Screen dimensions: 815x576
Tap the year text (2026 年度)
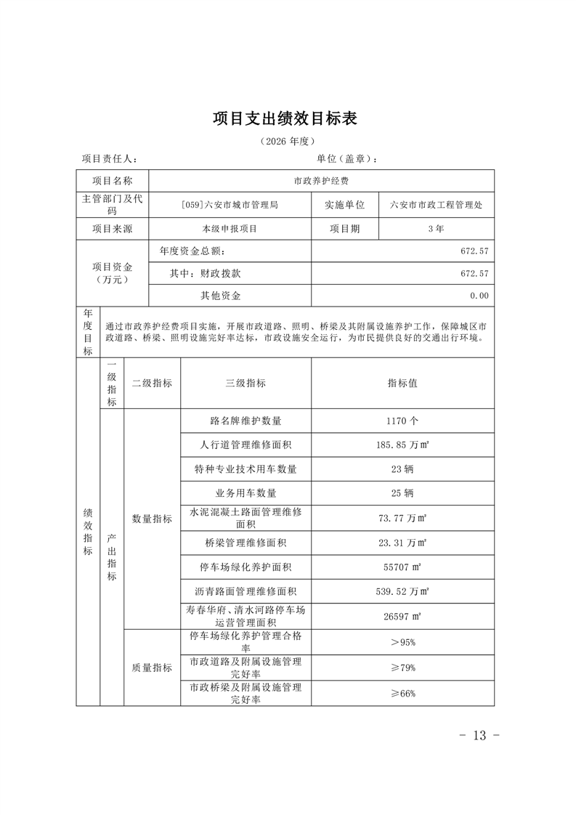point(288,141)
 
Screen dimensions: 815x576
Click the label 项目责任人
point(109,159)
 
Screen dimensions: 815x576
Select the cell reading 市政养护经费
point(321,181)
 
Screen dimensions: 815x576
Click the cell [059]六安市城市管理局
point(230,205)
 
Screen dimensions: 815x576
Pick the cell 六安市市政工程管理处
point(436,205)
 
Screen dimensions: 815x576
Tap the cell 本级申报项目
point(230,228)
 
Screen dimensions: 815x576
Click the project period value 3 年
point(436,228)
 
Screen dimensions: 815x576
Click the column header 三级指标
point(246,383)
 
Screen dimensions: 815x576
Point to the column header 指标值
point(402,383)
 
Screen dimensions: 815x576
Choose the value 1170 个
point(402,421)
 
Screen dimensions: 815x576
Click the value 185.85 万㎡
point(402,445)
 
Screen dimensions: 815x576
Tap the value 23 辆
point(402,469)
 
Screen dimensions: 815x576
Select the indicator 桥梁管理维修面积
point(246,543)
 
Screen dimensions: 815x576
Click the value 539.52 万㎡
point(402,591)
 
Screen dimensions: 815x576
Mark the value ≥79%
point(402,668)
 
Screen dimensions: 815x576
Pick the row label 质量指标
point(152,668)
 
